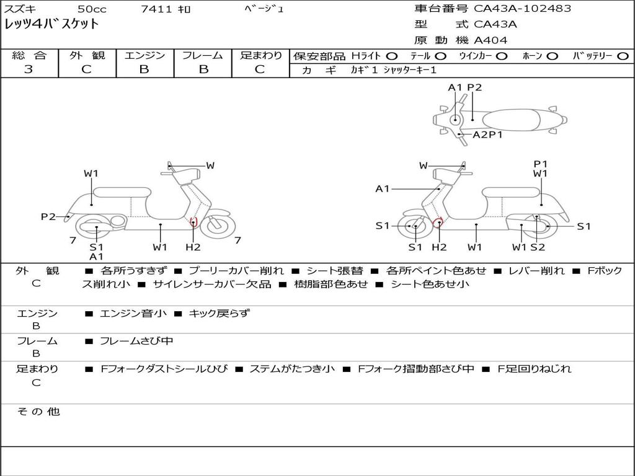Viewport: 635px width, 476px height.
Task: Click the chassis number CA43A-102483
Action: click(522, 9)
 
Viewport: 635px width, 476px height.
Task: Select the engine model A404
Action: click(491, 40)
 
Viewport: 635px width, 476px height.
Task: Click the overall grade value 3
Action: click(29, 69)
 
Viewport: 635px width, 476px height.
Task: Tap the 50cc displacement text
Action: click(92, 9)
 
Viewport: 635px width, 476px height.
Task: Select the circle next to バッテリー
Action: click(623, 56)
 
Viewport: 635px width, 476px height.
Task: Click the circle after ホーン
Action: click(552, 56)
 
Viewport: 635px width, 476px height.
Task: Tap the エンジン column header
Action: click(144, 55)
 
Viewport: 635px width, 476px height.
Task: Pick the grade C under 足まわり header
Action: click(260, 69)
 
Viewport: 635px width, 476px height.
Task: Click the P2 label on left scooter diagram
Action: click(48, 216)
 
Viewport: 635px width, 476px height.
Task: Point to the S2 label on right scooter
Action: click(538, 247)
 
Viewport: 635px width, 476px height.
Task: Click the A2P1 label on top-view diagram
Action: click(487, 134)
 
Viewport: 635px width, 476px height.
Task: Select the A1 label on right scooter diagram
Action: click(382, 188)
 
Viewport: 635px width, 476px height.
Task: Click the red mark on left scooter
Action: click(193, 222)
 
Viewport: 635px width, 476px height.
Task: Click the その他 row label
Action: click(38, 412)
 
